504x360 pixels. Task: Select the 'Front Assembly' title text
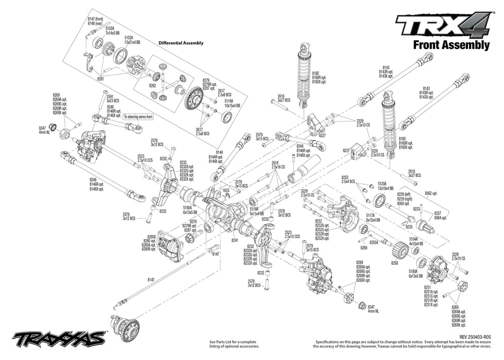coord(451,45)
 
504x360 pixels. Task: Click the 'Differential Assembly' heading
coord(181,43)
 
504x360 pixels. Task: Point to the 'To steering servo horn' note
coord(138,117)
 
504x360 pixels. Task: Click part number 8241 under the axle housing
coord(235,240)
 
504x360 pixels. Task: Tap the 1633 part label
coord(226,190)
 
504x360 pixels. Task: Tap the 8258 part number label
coord(394,263)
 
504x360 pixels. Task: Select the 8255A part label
coord(374,243)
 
